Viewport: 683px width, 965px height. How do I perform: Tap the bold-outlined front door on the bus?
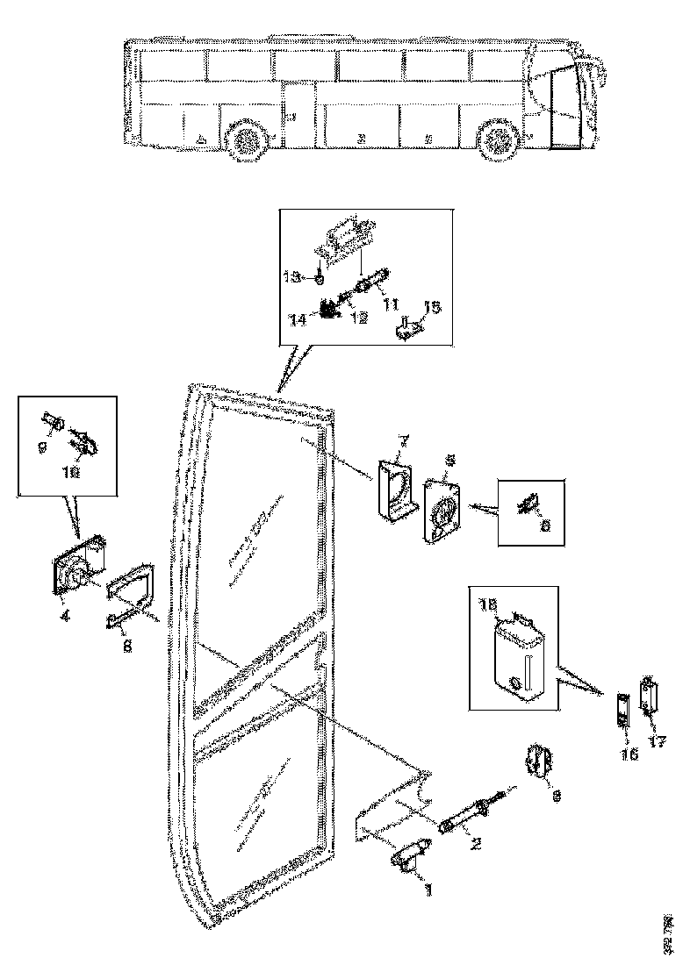coord(563,106)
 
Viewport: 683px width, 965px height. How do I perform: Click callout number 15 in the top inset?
coord(432,308)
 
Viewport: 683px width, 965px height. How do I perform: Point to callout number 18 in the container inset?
coord(487,605)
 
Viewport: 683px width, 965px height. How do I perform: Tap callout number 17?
coord(658,740)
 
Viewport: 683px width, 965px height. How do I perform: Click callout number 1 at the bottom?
coord(428,889)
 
